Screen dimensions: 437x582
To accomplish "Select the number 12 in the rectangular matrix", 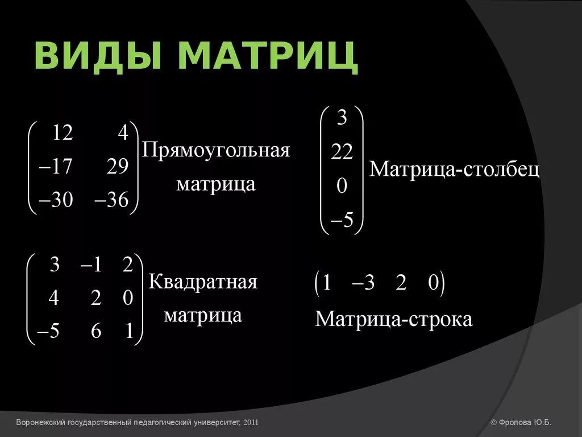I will click(x=62, y=133).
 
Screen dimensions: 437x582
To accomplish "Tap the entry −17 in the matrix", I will click(x=56, y=167).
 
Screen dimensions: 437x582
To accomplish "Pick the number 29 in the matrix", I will click(x=117, y=167).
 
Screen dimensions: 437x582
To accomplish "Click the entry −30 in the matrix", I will click(x=56, y=200).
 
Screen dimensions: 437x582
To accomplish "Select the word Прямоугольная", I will click(x=216, y=151).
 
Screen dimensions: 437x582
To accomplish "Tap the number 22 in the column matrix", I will click(x=342, y=152).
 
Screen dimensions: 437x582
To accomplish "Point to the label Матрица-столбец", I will click(x=455, y=170).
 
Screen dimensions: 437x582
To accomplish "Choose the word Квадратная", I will click(x=203, y=282).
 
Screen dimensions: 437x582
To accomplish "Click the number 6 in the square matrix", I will click(x=96, y=331).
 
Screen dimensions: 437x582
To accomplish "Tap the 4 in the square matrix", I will click(x=53, y=298).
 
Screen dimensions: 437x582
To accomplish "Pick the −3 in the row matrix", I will click(x=363, y=283).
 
